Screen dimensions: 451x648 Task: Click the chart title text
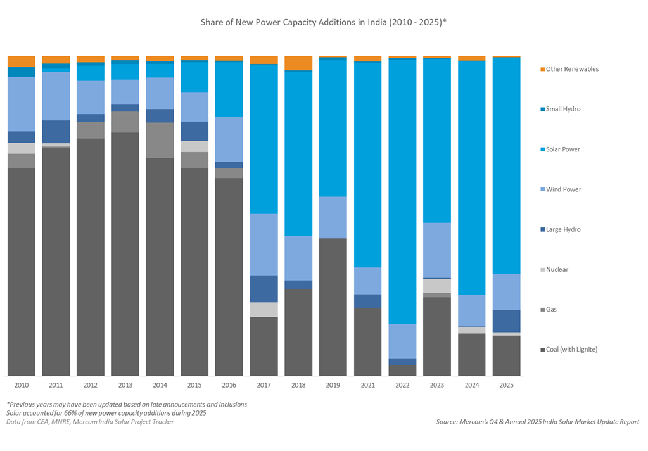click(324, 22)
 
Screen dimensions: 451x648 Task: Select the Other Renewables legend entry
click(572, 69)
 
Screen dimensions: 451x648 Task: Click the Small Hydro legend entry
click(563, 109)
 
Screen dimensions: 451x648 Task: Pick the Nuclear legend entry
click(557, 269)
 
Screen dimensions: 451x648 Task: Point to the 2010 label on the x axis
click(22, 384)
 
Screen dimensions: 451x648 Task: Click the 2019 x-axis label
click(333, 384)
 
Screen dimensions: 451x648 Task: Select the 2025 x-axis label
click(506, 384)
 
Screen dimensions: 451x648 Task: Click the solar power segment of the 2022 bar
click(402, 190)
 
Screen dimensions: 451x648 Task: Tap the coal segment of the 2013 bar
click(125, 253)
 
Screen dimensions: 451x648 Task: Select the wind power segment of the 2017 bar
click(264, 244)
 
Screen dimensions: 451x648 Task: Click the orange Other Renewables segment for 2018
click(298, 63)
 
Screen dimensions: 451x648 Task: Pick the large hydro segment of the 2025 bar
click(506, 321)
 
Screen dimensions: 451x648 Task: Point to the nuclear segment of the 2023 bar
click(437, 286)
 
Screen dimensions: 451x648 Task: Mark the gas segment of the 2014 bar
click(160, 140)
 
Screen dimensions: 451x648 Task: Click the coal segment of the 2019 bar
click(333, 307)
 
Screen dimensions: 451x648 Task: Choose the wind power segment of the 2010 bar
click(22, 104)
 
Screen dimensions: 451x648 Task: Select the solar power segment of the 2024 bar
click(472, 177)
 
